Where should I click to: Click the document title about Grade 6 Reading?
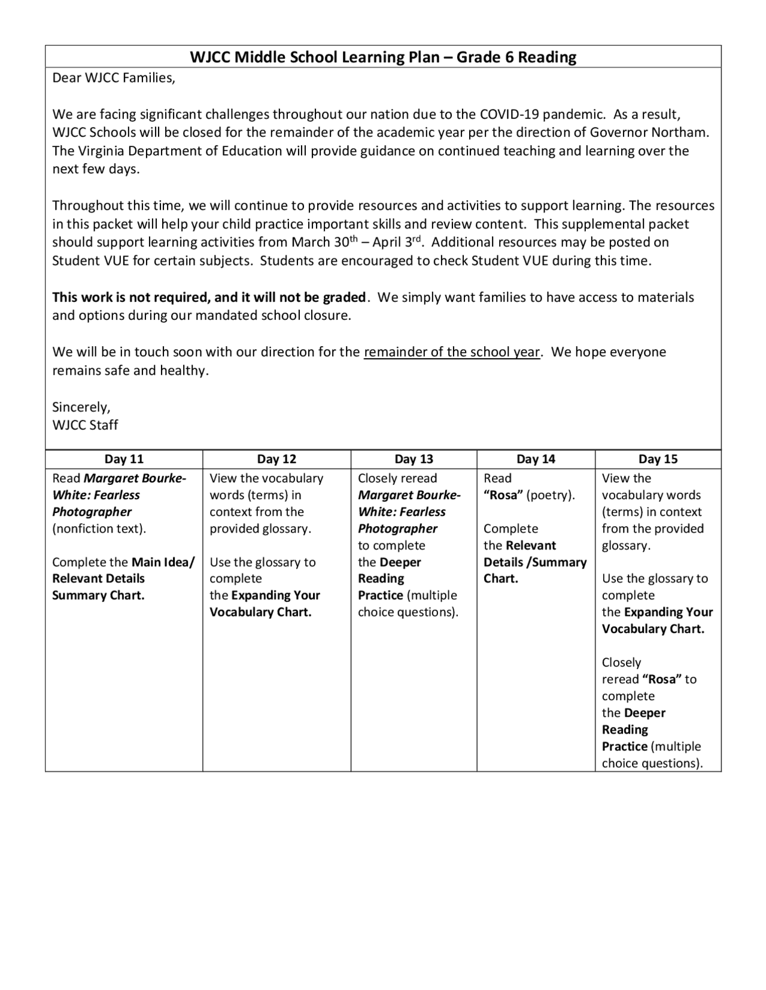[383, 57]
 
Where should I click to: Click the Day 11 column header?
[124, 459]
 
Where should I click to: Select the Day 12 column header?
[276, 459]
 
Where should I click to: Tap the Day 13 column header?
[414, 459]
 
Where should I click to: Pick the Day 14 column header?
[536, 459]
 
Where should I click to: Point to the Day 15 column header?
[658, 459]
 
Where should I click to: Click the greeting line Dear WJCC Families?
[114, 78]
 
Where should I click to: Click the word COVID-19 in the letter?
[509, 115]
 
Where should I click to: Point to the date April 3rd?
[397, 242]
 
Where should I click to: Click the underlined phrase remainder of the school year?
[452, 352]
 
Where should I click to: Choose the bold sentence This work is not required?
[209, 297]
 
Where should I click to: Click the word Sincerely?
[81, 407]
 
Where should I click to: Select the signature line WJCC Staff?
[85, 425]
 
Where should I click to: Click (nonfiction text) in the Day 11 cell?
[99, 528]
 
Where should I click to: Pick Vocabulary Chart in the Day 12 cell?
[260, 612]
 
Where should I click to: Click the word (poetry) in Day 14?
[551, 495]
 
